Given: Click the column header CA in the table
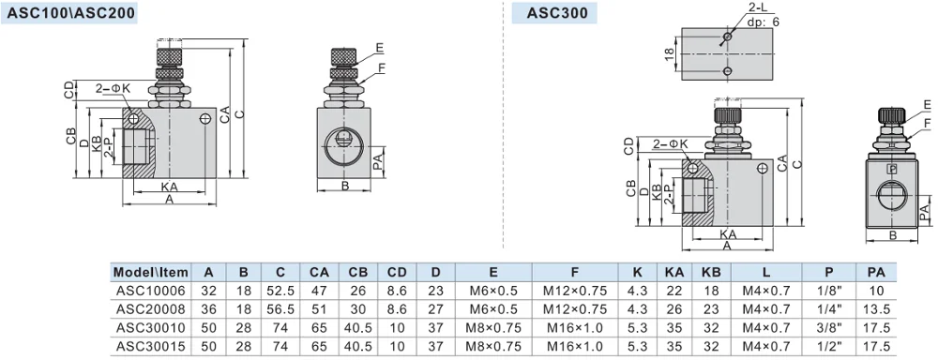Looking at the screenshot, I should pyautogui.click(x=319, y=273).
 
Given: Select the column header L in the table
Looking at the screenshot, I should pyautogui.click(x=765, y=273).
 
